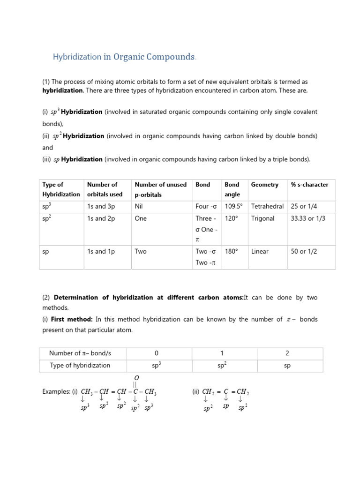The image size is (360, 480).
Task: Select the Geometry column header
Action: [x=264, y=185]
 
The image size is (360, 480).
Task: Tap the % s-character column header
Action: [x=309, y=185]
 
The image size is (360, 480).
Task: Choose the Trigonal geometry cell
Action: [x=262, y=218]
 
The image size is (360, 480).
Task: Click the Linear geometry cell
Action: [x=260, y=251]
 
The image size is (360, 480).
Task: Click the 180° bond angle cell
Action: [x=232, y=251]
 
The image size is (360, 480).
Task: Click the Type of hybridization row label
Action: [x=80, y=365]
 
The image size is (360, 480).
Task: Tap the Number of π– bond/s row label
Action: [x=80, y=353]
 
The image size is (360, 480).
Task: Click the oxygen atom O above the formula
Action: [x=137, y=377]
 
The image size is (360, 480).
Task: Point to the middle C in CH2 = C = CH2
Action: [x=226, y=391]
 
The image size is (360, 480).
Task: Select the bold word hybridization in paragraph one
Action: [x=62, y=90]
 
